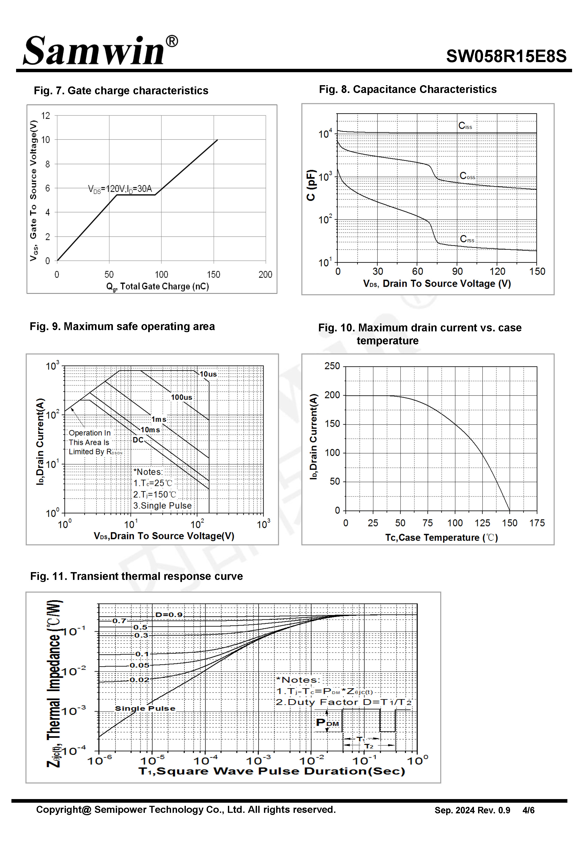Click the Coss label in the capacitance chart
467,176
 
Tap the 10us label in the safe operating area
208,374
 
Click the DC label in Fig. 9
138,440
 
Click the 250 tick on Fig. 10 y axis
332,366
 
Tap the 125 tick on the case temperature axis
482,523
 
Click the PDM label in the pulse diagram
327,722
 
